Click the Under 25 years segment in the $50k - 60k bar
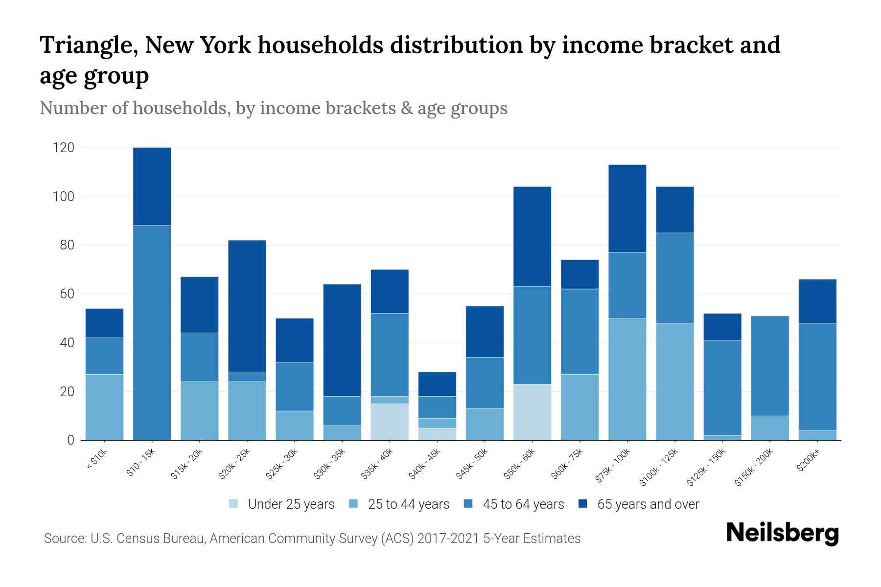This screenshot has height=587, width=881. (x=532, y=412)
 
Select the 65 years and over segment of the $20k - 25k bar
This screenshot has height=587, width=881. (x=247, y=306)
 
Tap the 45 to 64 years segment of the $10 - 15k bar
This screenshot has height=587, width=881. (x=152, y=333)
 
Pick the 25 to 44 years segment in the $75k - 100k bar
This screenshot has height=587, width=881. (x=627, y=379)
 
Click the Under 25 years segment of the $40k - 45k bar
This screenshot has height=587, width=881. (x=437, y=434)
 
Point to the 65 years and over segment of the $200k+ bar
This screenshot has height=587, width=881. (x=817, y=301)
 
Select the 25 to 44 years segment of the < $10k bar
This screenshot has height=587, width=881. (x=105, y=407)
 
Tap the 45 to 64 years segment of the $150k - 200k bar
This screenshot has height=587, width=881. (x=770, y=366)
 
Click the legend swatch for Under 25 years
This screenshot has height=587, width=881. (x=234, y=504)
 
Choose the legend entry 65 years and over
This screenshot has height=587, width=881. (x=648, y=504)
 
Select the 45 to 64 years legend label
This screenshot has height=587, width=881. (x=523, y=504)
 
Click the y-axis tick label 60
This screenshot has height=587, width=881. (x=67, y=294)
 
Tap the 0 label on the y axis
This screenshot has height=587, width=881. (x=71, y=440)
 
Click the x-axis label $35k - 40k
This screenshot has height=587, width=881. (x=377, y=464)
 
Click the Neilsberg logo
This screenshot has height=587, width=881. (x=782, y=533)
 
